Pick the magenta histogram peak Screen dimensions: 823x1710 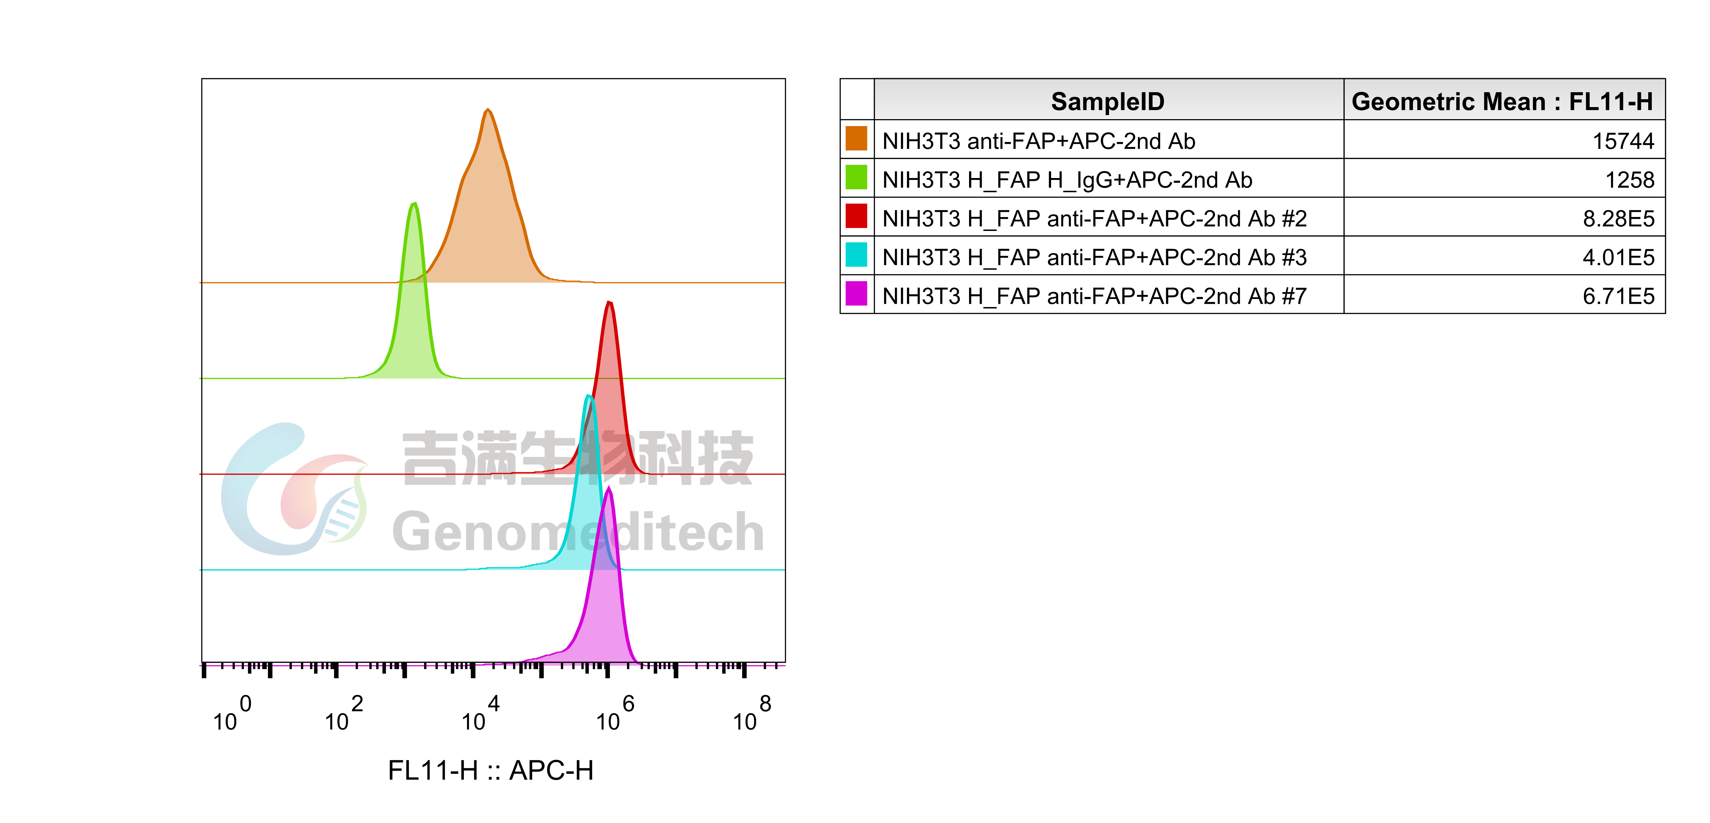point(609,488)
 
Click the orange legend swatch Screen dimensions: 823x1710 point(856,138)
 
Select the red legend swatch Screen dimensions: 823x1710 point(856,216)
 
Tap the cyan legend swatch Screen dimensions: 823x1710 point(856,254)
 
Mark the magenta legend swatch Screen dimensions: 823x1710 point(856,293)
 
